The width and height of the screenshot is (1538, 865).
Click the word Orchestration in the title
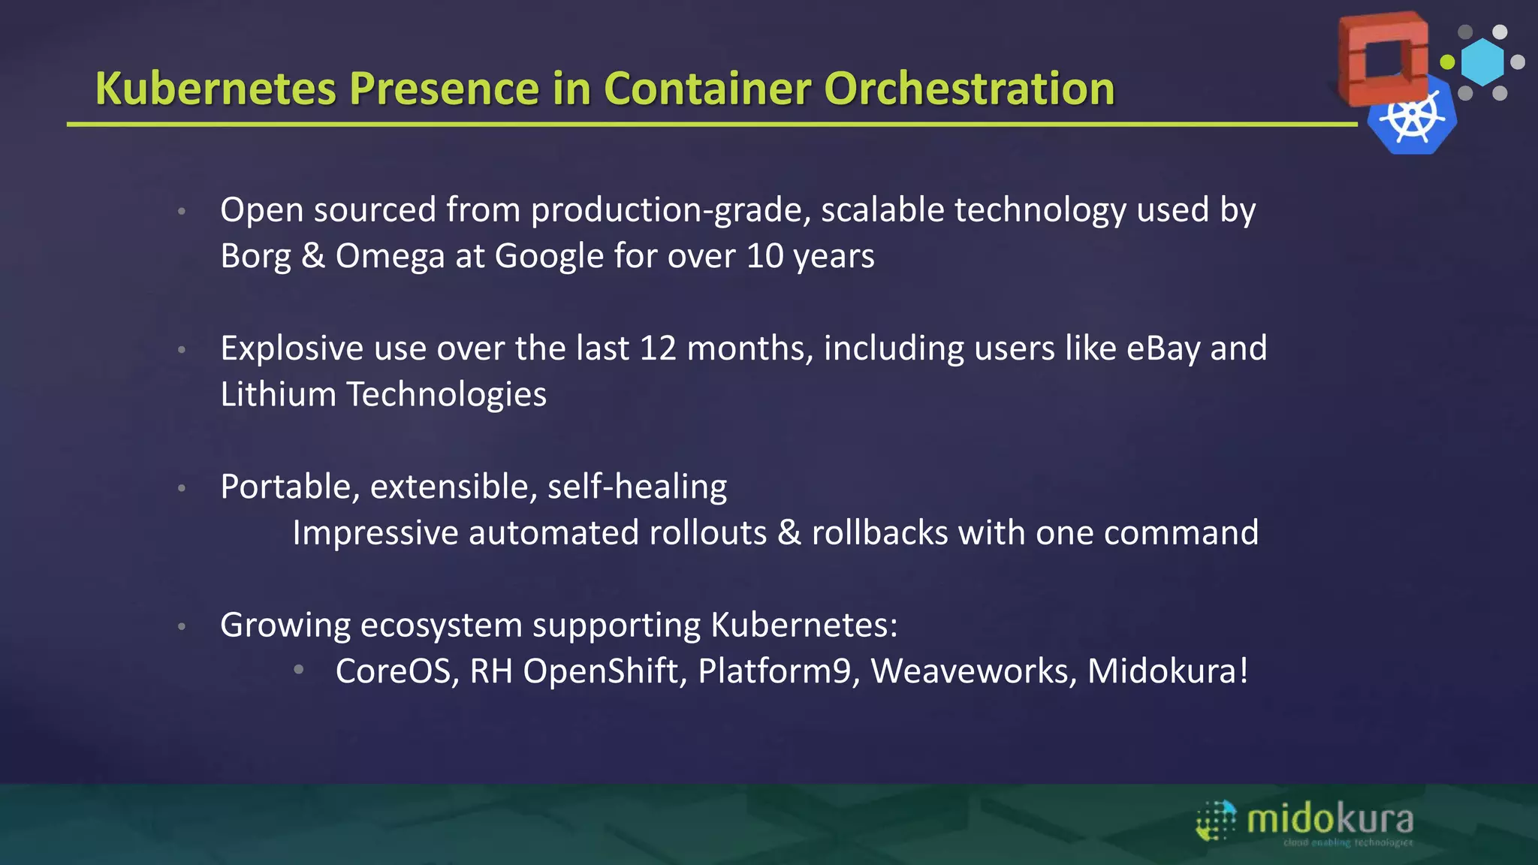[969, 89]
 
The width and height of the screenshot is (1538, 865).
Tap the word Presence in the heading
[444, 89]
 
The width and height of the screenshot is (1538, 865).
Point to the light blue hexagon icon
[1482, 62]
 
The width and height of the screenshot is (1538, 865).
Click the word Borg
[255, 256]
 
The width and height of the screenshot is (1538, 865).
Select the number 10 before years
[764, 256]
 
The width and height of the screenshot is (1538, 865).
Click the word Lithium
[278, 395]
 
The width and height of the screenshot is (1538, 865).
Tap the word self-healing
[637, 487]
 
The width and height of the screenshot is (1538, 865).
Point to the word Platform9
[778, 671]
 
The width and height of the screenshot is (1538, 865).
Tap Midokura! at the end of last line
[1167, 671]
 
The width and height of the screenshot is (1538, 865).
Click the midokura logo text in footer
[1329, 819]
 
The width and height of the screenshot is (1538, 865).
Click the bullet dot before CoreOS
[299, 669]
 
